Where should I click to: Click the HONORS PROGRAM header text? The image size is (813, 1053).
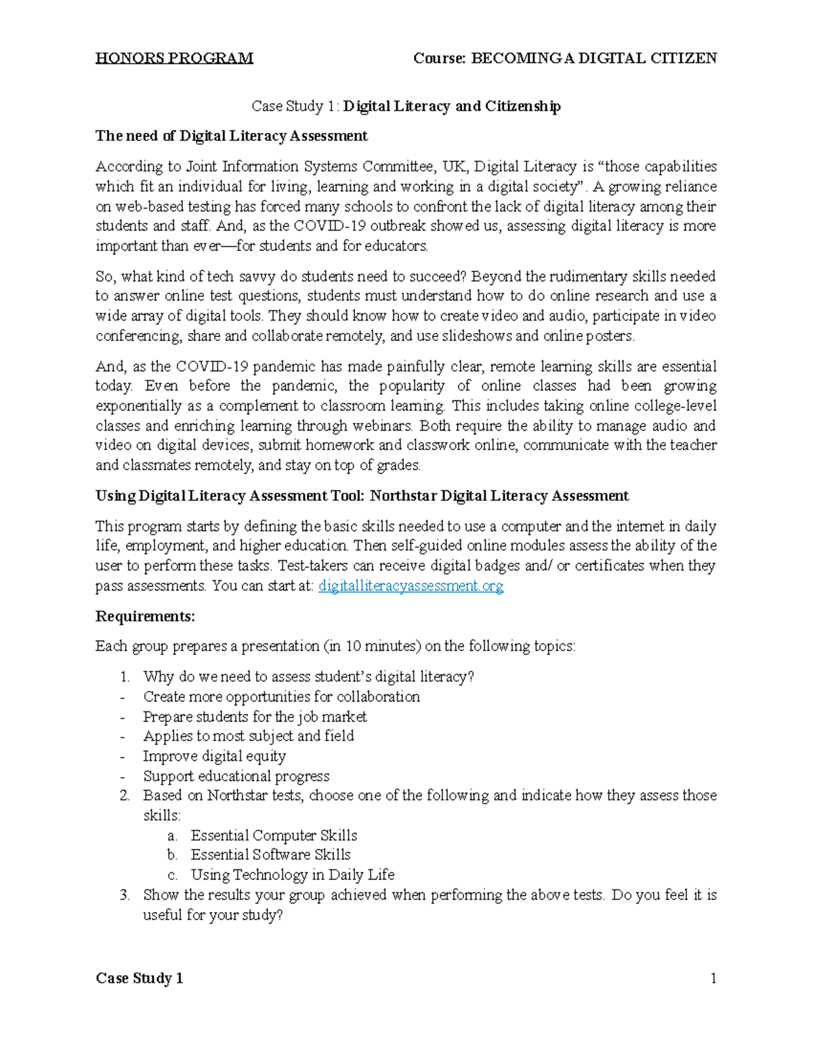pyautogui.click(x=174, y=58)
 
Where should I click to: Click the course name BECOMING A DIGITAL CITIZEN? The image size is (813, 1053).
pyautogui.click(x=593, y=58)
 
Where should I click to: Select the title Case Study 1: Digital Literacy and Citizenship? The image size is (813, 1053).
pyautogui.click(x=406, y=106)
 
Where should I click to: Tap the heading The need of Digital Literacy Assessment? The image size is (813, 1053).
pyautogui.click(x=231, y=136)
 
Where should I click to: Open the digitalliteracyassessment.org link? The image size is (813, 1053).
pyautogui.click(x=411, y=586)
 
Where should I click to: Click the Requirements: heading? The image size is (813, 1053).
pyautogui.click(x=145, y=616)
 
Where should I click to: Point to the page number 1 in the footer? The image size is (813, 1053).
pyautogui.click(x=713, y=978)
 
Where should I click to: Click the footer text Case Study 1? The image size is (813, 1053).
pyautogui.click(x=139, y=978)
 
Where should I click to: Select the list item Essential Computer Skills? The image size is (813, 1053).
pyautogui.click(x=274, y=835)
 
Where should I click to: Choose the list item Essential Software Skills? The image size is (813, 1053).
pyautogui.click(x=270, y=855)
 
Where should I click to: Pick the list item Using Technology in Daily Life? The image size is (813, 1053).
pyautogui.click(x=293, y=875)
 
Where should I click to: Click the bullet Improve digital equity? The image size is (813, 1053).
pyautogui.click(x=214, y=756)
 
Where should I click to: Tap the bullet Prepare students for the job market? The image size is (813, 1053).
pyautogui.click(x=255, y=717)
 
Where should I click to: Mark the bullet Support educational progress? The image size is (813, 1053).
pyautogui.click(x=236, y=776)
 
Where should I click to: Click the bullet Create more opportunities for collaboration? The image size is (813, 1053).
pyautogui.click(x=281, y=697)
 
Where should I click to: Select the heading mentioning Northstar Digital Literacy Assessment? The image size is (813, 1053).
pyautogui.click(x=362, y=496)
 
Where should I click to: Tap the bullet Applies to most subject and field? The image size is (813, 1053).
pyautogui.click(x=248, y=736)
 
